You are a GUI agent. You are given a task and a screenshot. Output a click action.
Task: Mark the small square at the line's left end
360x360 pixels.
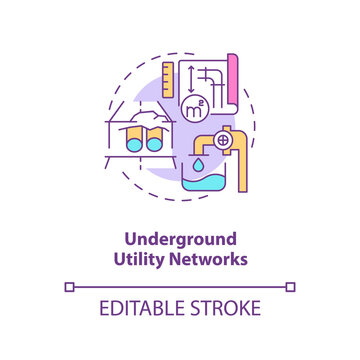[x=69, y=287]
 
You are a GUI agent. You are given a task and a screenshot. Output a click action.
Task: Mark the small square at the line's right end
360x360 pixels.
[x=290, y=287]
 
